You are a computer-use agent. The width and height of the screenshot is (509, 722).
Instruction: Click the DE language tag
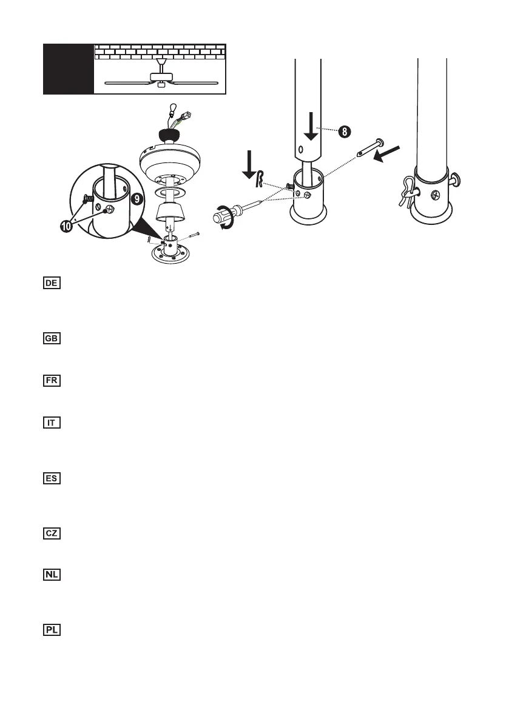[52, 283]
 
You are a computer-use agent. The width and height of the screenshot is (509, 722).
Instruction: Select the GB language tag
[52, 338]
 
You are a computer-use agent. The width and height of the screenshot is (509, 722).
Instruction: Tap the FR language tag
[52, 381]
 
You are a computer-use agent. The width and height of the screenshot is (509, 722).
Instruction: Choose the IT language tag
[52, 423]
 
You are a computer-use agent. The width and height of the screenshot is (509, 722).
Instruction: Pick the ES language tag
[52, 478]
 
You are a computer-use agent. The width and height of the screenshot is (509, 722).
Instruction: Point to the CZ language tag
[52, 533]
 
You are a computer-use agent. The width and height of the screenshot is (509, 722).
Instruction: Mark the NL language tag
[52, 575]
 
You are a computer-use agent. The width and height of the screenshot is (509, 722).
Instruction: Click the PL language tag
[52, 630]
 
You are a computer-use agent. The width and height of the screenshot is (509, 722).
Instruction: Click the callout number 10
[68, 227]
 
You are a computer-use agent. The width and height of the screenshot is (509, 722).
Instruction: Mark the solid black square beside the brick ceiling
[69, 69]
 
